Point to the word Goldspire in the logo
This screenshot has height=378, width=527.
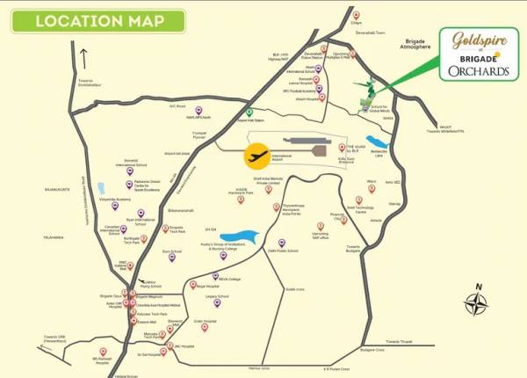click(x=475, y=40)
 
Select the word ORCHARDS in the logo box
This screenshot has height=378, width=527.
click(x=478, y=71)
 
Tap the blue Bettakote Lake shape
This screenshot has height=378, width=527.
click(x=378, y=142)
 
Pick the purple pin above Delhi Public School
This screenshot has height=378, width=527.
click(x=282, y=242)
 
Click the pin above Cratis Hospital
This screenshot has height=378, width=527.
click(x=205, y=327)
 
